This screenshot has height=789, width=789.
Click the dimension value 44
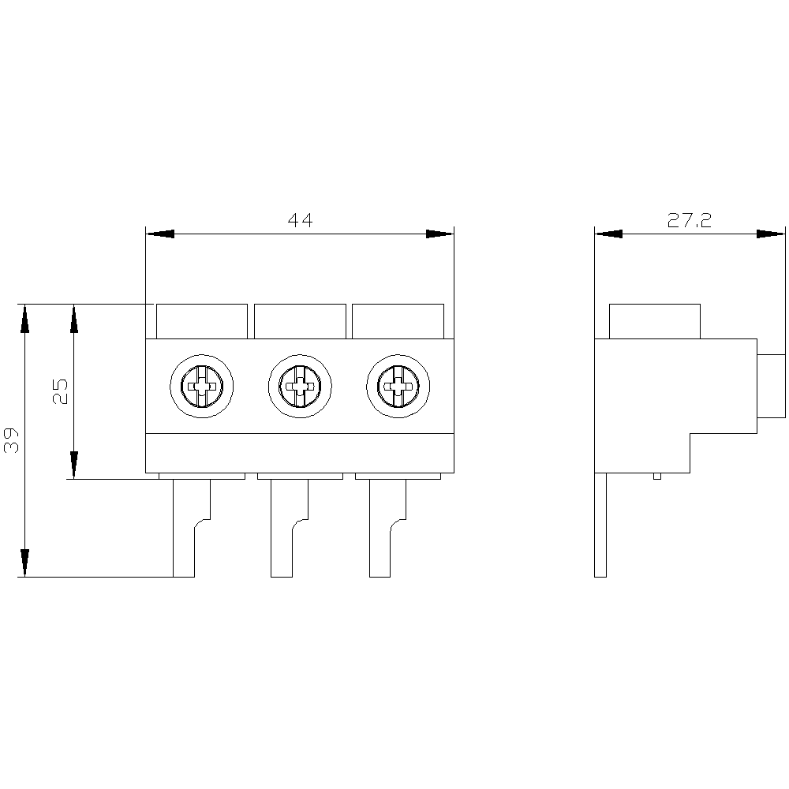tap(300, 220)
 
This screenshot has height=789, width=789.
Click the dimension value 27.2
tap(690, 220)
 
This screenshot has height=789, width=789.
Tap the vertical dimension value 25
tap(60, 391)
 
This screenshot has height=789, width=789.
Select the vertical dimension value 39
tap(11, 440)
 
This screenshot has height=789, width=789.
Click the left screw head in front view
tap(202, 386)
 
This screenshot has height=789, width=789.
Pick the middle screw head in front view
tap(300, 386)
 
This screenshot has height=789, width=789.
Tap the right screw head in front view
tap(398, 386)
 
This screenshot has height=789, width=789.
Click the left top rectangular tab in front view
tap(202, 322)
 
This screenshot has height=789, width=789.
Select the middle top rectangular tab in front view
tap(301, 322)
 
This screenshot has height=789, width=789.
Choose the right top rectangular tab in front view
tap(398, 322)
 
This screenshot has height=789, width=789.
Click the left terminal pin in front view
tap(192, 528)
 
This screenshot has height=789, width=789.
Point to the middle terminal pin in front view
tap(290, 528)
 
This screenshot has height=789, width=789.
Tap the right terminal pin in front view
tap(388, 528)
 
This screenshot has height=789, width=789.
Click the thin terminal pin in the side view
tap(600, 525)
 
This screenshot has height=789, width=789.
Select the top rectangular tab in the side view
tap(655, 322)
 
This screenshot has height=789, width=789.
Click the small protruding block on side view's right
tap(772, 386)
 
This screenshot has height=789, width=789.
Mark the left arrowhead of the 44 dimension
tap(160, 234)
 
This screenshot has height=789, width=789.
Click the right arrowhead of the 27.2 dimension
tap(771, 234)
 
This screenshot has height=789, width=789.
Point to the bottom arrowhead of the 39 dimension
tap(24, 563)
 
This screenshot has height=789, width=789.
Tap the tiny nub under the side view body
tap(657, 476)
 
